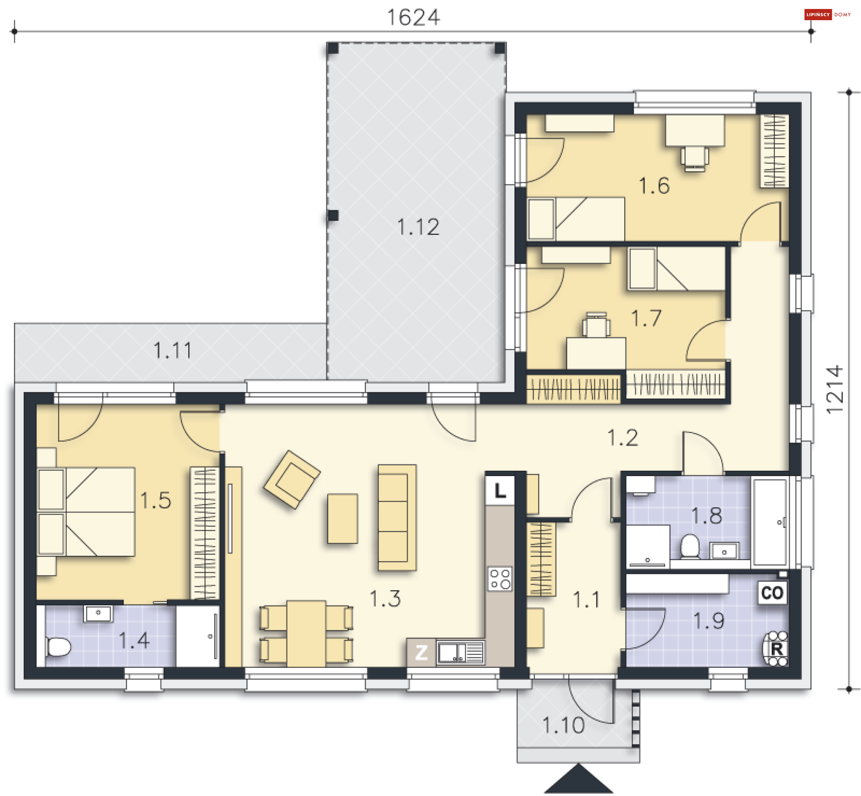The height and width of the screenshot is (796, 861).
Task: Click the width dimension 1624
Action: (x=413, y=18)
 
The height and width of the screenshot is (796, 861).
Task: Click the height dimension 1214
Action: (x=835, y=389)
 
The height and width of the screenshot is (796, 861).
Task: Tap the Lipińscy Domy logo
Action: (x=827, y=14)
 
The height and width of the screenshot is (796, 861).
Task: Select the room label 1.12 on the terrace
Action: (x=418, y=227)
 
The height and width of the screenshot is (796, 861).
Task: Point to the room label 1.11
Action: (x=173, y=350)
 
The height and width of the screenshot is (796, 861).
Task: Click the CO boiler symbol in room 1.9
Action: (x=772, y=593)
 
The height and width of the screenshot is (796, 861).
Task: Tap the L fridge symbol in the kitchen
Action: (x=500, y=490)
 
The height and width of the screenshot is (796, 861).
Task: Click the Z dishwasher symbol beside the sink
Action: (x=421, y=652)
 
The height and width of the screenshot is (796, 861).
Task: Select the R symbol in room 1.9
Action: (x=776, y=649)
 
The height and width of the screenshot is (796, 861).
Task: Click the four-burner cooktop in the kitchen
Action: (x=500, y=579)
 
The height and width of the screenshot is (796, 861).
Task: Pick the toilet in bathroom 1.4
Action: (x=58, y=647)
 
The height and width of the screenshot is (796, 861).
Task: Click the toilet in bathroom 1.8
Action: (x=690, y=546)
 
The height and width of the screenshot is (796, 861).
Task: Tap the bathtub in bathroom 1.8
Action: (x=770, y=522)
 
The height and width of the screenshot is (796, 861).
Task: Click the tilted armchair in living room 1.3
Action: (x=291, y=480)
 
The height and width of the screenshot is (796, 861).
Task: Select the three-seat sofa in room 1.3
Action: (x=396, y=517)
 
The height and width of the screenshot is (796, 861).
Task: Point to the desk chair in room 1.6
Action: (x=694, y=158)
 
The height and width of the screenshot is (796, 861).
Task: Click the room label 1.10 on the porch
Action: (x=563, y=726)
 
